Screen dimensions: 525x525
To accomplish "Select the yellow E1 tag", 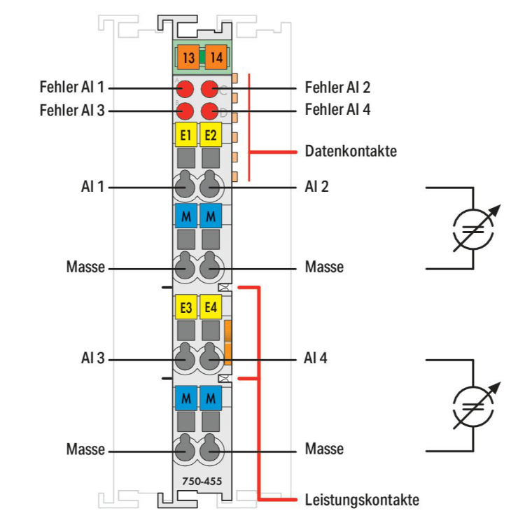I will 185,134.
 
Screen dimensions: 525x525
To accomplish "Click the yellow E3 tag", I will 185,307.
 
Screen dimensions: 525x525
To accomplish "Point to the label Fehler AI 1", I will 72,89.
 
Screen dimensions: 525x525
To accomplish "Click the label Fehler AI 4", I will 337,111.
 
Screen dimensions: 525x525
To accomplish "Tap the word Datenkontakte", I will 351,150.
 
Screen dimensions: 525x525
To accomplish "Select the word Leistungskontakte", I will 362,500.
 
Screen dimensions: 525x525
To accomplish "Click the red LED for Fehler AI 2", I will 209,89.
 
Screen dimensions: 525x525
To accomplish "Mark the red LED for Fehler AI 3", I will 185,111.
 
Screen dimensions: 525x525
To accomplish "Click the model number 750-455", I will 198,482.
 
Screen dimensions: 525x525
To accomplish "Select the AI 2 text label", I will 316,187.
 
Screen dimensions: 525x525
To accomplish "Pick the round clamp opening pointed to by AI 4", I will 210,359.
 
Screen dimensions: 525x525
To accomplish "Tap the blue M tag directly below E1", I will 185,216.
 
